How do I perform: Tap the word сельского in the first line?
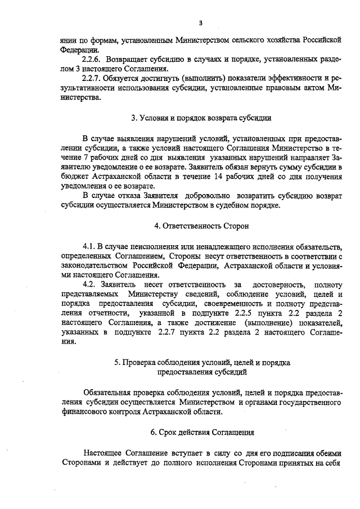coord(250,40)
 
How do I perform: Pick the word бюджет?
coord(74,177)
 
